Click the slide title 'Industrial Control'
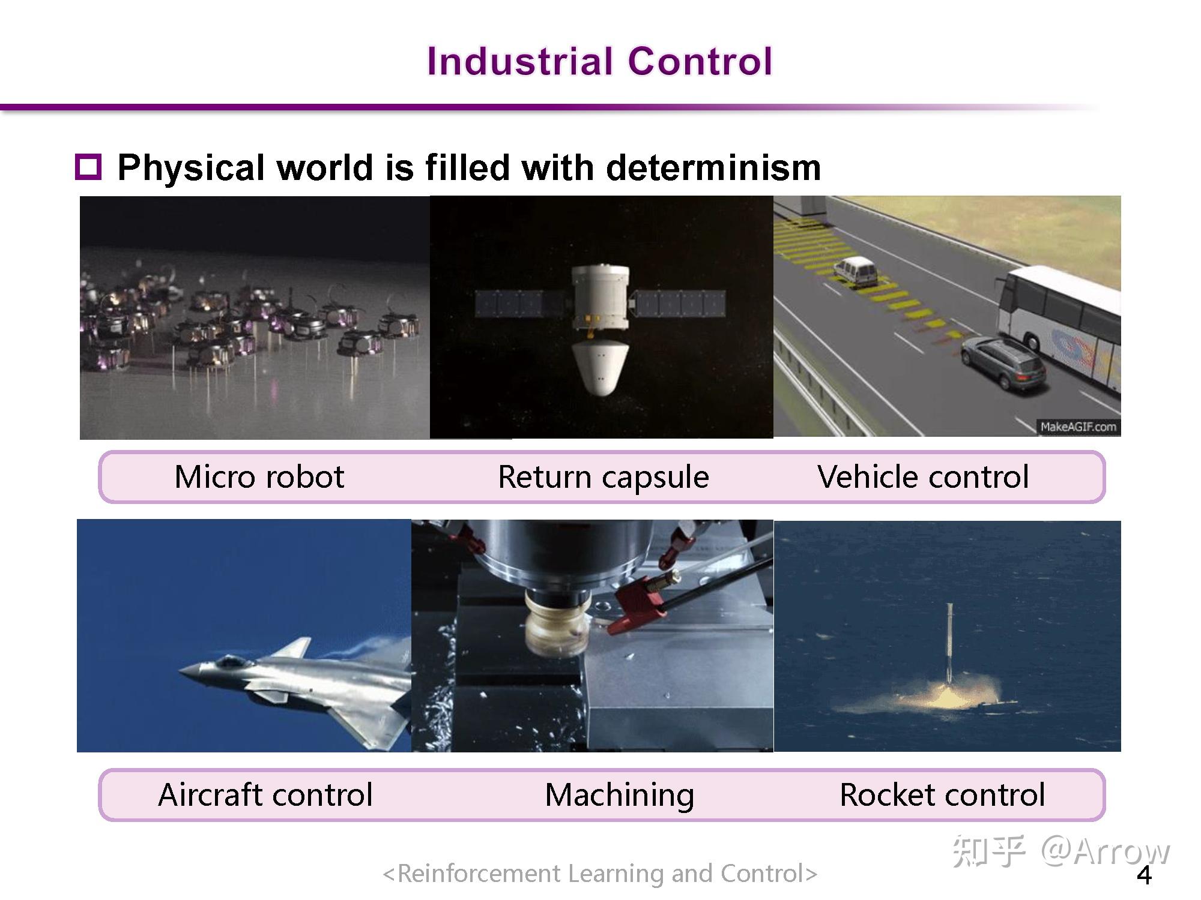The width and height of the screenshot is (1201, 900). tap(599, 61)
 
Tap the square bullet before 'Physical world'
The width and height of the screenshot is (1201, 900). tap(88, 167)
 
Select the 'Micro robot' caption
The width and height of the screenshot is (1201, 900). tap(259, 477)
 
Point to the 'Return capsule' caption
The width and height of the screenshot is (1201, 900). tap(604, 478)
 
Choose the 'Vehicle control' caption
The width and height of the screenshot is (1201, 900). tap(923, 477)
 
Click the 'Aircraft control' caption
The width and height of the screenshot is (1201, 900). tap(265, 794)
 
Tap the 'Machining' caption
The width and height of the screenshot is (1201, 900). tap(619, 795)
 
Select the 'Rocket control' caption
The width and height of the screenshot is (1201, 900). tap(942, 794)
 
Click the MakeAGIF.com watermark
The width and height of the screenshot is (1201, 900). tap(1078, 427)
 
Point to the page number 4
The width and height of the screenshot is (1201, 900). tap(1145, 875)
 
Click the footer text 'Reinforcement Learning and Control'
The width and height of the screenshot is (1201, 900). tap(600, 874)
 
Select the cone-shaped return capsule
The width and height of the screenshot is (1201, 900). tap(600, 367)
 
